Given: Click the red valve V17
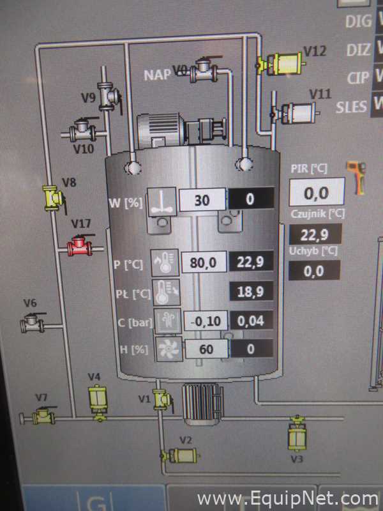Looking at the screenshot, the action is click(80, 245).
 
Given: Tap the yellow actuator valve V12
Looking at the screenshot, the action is click(282, 63).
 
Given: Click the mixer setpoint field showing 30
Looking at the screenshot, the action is click(202, 200).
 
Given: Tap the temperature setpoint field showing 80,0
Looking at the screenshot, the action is click(204, 262).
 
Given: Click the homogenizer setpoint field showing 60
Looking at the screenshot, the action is click(206, 349).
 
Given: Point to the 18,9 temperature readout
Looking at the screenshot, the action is click(251, 291).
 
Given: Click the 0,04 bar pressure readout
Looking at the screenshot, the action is click(252, 321).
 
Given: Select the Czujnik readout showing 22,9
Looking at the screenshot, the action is click(315, 234).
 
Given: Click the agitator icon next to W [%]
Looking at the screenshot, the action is click(162, 202).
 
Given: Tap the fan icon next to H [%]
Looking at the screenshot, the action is click(169, 349).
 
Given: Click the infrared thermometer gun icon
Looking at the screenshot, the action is click(357, 177).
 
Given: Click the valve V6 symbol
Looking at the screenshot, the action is click(33, 323).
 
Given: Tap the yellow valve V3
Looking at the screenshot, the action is click(297, 433).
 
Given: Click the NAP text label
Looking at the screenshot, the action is click(157, 75).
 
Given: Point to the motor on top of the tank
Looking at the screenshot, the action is click(181, 129).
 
